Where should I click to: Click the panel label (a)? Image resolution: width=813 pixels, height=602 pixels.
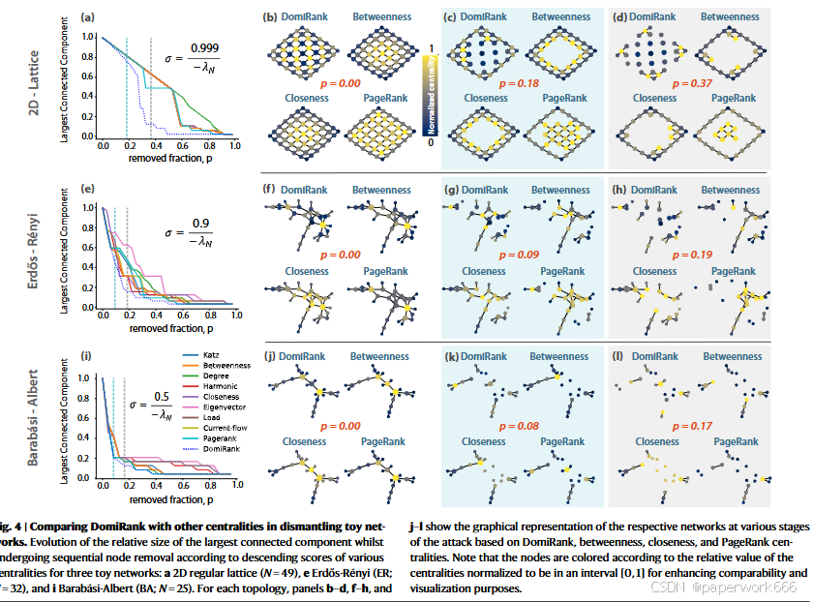pos(88,17)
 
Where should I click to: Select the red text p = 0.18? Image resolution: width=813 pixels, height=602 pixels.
pos(521,84)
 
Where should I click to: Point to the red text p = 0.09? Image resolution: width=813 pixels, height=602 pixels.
pos(521,255)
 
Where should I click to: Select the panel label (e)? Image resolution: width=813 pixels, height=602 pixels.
pos(88,190)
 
